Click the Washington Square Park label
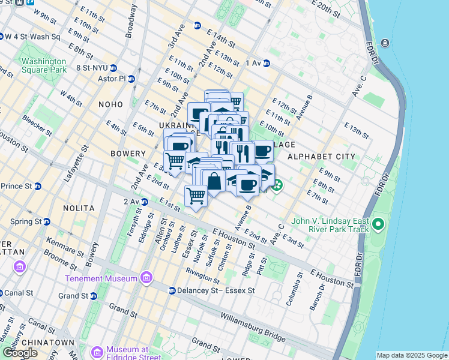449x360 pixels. point(43,65)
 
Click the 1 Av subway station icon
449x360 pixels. point(266,63)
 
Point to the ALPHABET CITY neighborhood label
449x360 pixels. point(321,157)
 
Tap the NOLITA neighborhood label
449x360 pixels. point(79,208)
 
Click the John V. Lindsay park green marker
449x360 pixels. point(378,225)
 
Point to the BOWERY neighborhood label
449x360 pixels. point(128,154)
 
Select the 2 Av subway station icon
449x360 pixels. point(145,202)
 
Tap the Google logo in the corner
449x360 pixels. point(20,353)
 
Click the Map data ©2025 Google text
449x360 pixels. point(412,355)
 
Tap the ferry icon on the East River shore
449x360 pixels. point(384,43)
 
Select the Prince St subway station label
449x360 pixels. point(16,186)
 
